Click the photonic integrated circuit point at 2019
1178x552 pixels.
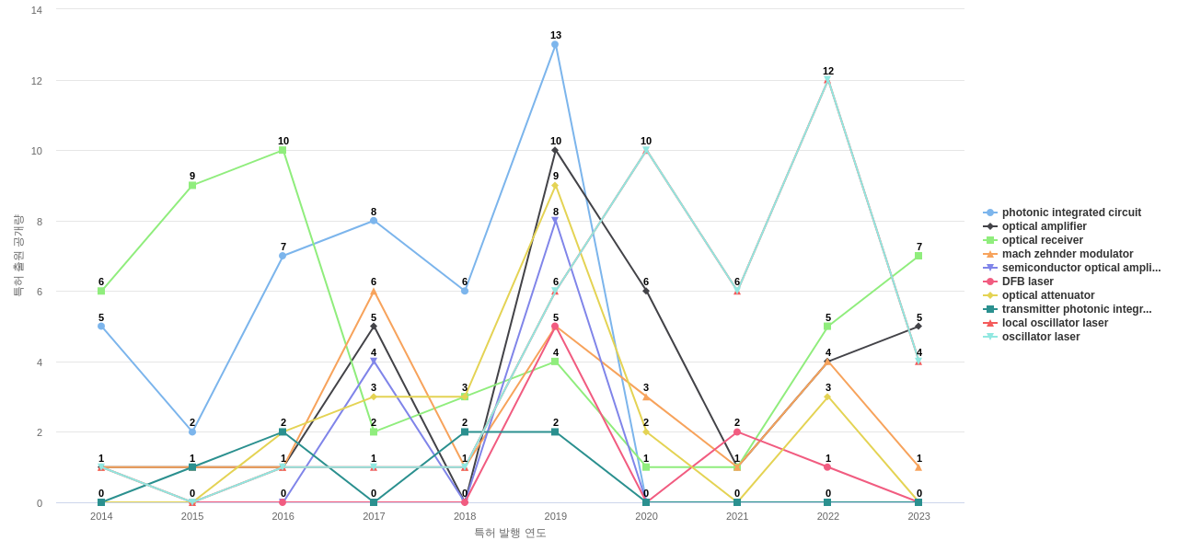tap(555, 44)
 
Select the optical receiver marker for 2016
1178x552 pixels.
tap(283, 150)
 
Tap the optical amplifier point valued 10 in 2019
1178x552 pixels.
tap(555, 150)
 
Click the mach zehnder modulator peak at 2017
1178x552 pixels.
tap(374, 291)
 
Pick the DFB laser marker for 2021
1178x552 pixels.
tap(737, 432)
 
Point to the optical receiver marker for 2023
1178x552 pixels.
tap(918, 256)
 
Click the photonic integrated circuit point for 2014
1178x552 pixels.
tap(101, 326)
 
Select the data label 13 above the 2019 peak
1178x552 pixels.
tap(556, 35)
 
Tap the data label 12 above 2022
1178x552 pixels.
tap(828, 71)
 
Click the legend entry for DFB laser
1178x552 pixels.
tap(1027, 282)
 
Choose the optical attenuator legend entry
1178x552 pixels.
tap(1047, 295)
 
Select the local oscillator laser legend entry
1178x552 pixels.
tap(1055, 323)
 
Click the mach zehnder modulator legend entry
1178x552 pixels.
tap(1067, 254)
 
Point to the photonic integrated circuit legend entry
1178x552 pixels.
tap(1070, 213)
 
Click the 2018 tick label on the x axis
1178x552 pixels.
tap(465, 516)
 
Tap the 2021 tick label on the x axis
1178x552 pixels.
tap(737, 516)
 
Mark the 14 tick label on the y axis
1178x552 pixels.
tap(37, 10)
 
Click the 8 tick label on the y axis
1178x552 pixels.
tap(37, 222)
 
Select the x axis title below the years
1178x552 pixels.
tap(510, 533)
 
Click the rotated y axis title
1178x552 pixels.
tap(17, 256)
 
